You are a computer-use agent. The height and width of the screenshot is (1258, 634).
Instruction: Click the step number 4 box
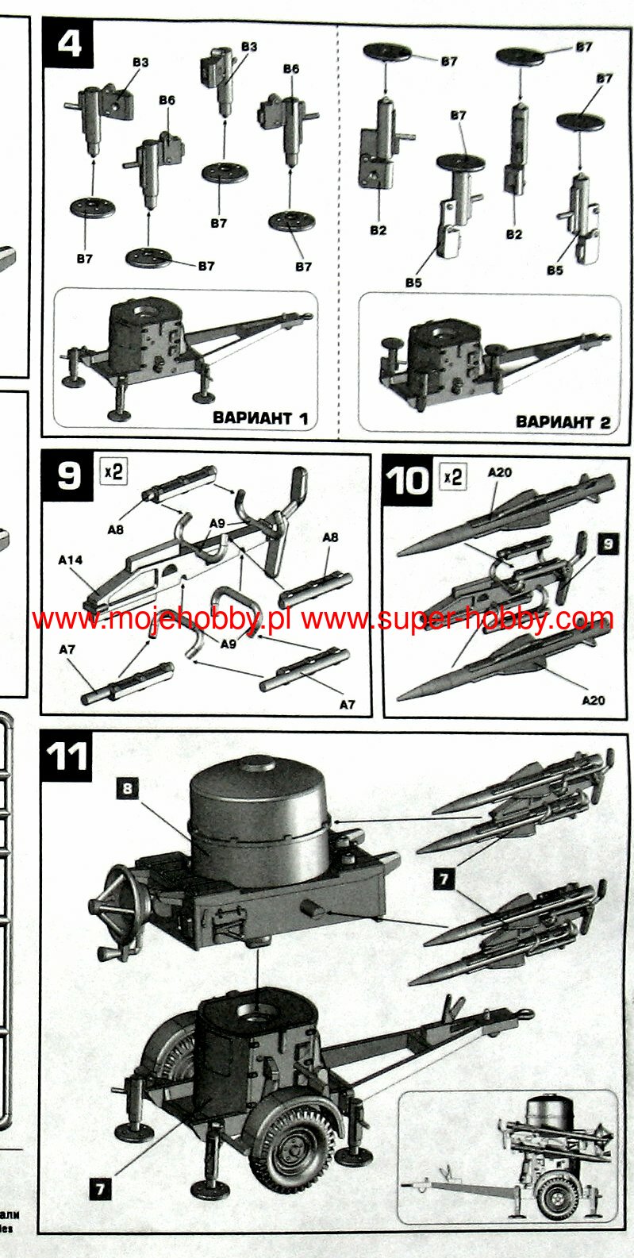tap(69, 43)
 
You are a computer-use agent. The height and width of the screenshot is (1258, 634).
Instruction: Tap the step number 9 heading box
tap(68, 477)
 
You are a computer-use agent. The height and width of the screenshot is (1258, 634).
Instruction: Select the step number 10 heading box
tap(407, 481)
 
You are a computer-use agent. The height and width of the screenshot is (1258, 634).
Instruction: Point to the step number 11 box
tap(67, 756)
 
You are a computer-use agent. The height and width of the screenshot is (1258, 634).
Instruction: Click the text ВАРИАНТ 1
tap(260, 417)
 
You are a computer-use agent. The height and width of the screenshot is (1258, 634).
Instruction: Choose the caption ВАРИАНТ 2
tap(563, 421)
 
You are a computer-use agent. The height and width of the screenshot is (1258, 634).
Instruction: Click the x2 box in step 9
tap(113, 471)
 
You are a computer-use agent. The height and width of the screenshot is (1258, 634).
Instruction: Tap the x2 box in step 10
tap(452, 476)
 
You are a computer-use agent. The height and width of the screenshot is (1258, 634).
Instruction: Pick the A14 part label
tap(70, 560)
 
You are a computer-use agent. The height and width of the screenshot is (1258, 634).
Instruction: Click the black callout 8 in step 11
tap(128, 788)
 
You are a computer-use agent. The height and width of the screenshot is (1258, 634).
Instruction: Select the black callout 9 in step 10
tap(608, 543)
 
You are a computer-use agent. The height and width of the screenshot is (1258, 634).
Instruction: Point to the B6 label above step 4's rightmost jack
tap(291, 68)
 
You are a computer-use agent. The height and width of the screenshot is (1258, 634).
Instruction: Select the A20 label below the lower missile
tap(593, 700)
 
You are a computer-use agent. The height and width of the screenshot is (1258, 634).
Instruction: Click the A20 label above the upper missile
tap(499, 472)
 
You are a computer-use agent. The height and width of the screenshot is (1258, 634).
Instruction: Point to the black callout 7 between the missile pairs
tap(444, 879)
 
